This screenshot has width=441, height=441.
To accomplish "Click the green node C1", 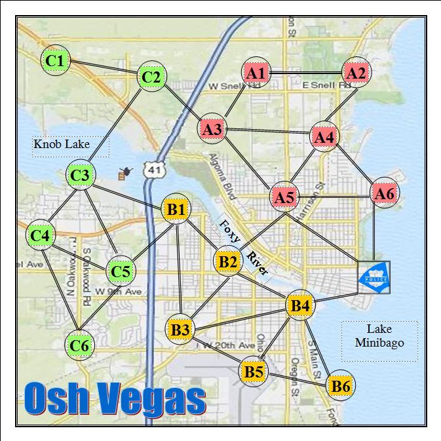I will (x=56, y=61).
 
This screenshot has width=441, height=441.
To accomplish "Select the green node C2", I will (x=151, y=77).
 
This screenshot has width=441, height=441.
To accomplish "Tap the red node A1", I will (x=256, y=73).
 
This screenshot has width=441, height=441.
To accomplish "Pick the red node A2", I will (x=356, y=73).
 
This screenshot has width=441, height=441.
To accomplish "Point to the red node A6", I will (x=384, y=193).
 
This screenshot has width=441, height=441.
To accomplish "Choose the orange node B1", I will (x=176, y=210).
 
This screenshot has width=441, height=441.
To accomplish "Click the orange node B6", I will (x=340, y=386).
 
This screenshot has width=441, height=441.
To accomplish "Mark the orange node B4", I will (x=300, y=305).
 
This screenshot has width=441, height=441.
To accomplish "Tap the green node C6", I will (x=79, y=345).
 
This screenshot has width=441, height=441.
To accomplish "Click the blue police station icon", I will (x=374, y=278).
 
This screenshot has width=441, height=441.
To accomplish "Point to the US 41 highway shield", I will (x=155, y=170).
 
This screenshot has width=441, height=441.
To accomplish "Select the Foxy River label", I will (x=245, y=247).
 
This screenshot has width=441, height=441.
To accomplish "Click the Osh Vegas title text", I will (x=115, y=398).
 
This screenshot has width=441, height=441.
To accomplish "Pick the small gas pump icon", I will (x=122, y=174).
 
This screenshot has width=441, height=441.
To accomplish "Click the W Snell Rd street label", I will (x=226, y=86).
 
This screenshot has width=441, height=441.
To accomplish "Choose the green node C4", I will (x=41, y=235).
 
